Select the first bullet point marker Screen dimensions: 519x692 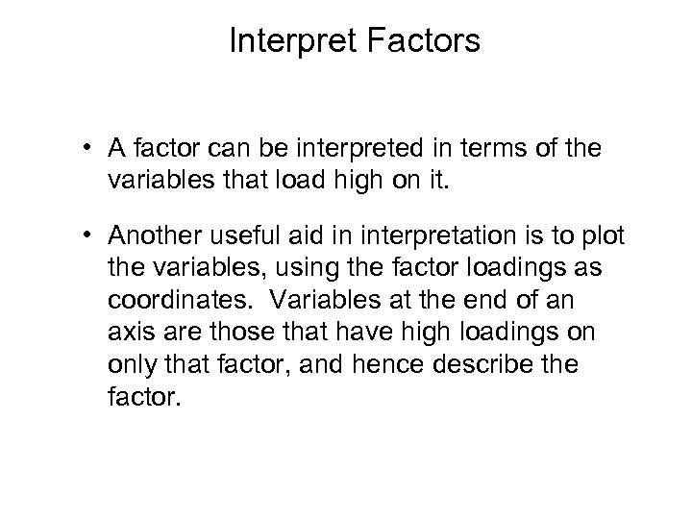point(86,148)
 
